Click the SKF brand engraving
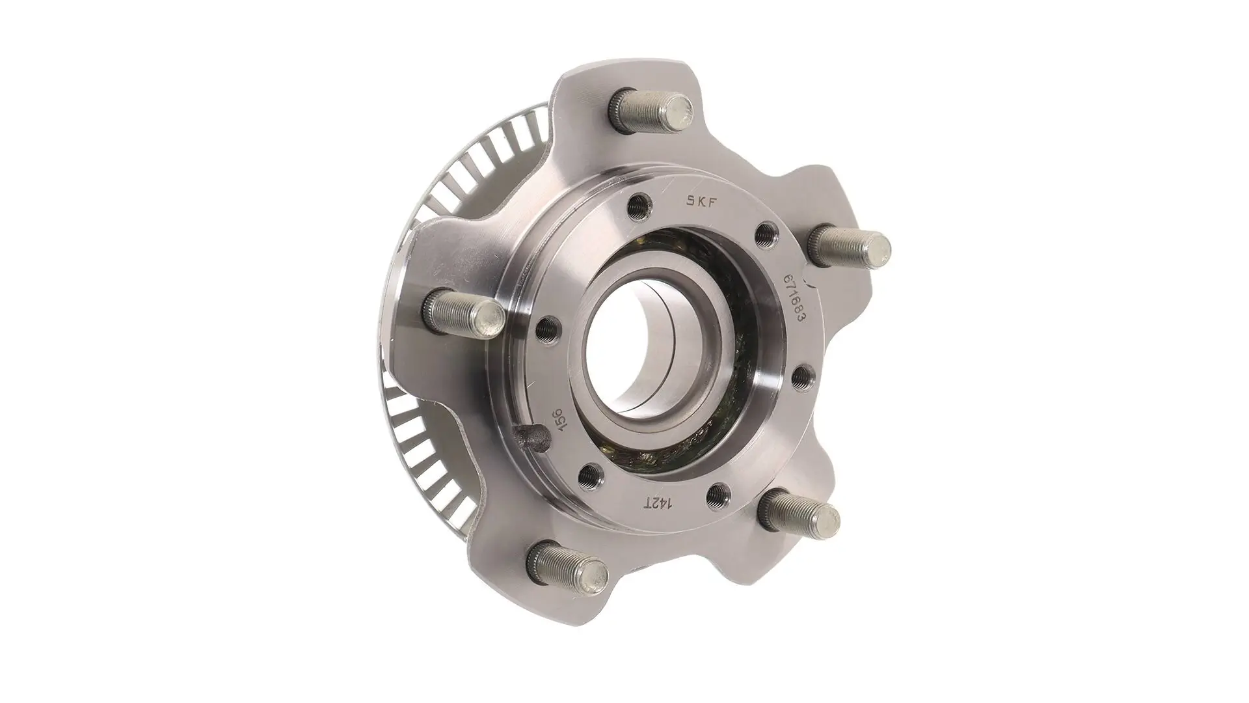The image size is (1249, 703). [695, 201]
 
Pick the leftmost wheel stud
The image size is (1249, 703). [467, 312]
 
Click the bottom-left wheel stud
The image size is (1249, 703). [566, 565]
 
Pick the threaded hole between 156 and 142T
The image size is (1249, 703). [591, 473]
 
